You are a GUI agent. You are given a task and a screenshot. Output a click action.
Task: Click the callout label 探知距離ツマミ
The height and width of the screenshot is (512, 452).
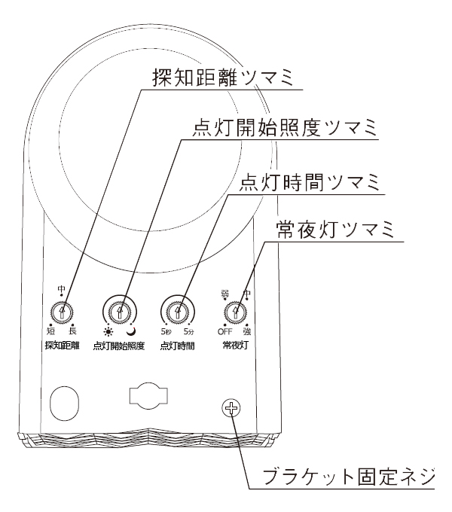223,77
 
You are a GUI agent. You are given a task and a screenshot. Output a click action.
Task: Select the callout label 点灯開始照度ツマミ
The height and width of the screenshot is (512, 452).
285,127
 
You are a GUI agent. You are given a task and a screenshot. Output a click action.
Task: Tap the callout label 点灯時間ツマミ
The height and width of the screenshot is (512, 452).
310,182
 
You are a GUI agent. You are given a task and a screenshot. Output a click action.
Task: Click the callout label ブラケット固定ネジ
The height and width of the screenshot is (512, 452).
349,477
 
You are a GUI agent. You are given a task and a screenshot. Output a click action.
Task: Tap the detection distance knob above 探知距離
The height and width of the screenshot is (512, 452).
62,312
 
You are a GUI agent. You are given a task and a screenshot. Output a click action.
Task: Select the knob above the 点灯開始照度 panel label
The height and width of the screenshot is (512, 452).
120,312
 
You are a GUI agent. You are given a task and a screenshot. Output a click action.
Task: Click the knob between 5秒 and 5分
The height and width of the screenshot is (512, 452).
178,312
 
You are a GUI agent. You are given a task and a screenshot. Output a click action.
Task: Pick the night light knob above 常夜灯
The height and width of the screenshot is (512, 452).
235,312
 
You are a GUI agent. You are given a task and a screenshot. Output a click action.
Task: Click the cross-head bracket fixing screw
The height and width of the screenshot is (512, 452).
231,408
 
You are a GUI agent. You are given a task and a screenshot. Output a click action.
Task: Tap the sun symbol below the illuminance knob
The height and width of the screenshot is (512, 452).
108,332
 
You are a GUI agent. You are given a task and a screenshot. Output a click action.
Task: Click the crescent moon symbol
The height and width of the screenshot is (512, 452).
132,332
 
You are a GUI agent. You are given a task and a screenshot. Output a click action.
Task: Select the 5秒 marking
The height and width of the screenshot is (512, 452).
166,332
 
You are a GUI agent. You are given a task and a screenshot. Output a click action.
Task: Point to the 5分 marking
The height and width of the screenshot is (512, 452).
189,332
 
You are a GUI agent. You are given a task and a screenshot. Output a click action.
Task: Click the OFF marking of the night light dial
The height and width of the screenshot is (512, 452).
225,332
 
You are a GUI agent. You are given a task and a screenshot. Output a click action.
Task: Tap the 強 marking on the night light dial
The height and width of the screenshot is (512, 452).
247,332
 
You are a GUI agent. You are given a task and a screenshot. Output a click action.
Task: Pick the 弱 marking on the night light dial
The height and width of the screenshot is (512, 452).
224,293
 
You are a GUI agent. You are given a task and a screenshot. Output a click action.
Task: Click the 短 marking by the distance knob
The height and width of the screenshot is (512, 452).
50,331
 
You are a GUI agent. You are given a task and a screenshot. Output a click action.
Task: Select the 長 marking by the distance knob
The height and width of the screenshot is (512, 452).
72,331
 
